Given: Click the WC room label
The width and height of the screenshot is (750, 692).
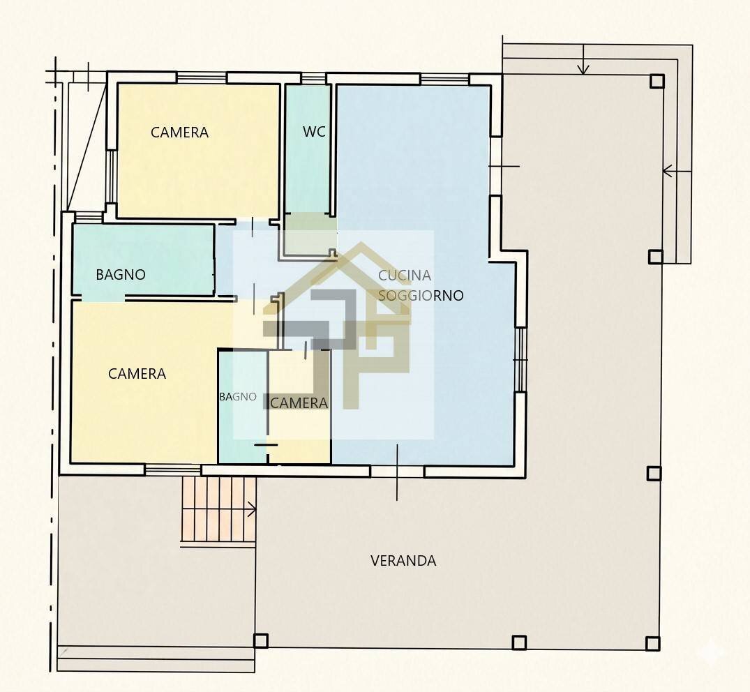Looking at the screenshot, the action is [314, 132].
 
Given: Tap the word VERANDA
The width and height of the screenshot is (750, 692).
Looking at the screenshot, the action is [403, 560].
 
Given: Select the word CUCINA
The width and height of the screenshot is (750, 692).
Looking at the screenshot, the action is [405, 276].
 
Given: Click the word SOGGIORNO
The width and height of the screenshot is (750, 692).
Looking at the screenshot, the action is [421, 296].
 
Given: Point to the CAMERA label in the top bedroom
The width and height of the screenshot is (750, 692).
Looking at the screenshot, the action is [179, 133].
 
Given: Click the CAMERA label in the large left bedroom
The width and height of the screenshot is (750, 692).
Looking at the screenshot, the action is [137, 373].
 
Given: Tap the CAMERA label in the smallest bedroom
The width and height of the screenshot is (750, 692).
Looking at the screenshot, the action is [299, 403].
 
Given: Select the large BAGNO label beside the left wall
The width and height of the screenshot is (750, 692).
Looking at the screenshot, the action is [121, 275].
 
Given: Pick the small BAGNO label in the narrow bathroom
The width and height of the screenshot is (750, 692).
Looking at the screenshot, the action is [238, 396].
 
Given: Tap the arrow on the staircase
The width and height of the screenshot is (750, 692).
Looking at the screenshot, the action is [250, 510].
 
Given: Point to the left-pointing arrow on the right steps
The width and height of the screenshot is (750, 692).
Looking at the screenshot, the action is [677, 171].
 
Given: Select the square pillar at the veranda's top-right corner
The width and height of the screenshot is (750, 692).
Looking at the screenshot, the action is [657, 82].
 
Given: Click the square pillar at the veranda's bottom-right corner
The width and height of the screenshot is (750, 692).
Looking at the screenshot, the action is [653, 643].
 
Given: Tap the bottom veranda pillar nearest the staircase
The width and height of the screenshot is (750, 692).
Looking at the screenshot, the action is [261, 640].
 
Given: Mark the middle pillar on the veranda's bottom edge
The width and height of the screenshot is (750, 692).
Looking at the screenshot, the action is [519, 642].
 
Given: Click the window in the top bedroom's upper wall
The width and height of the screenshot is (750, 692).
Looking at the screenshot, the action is [202, 77].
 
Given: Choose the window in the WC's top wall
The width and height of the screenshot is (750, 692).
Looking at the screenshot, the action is [313, 77].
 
